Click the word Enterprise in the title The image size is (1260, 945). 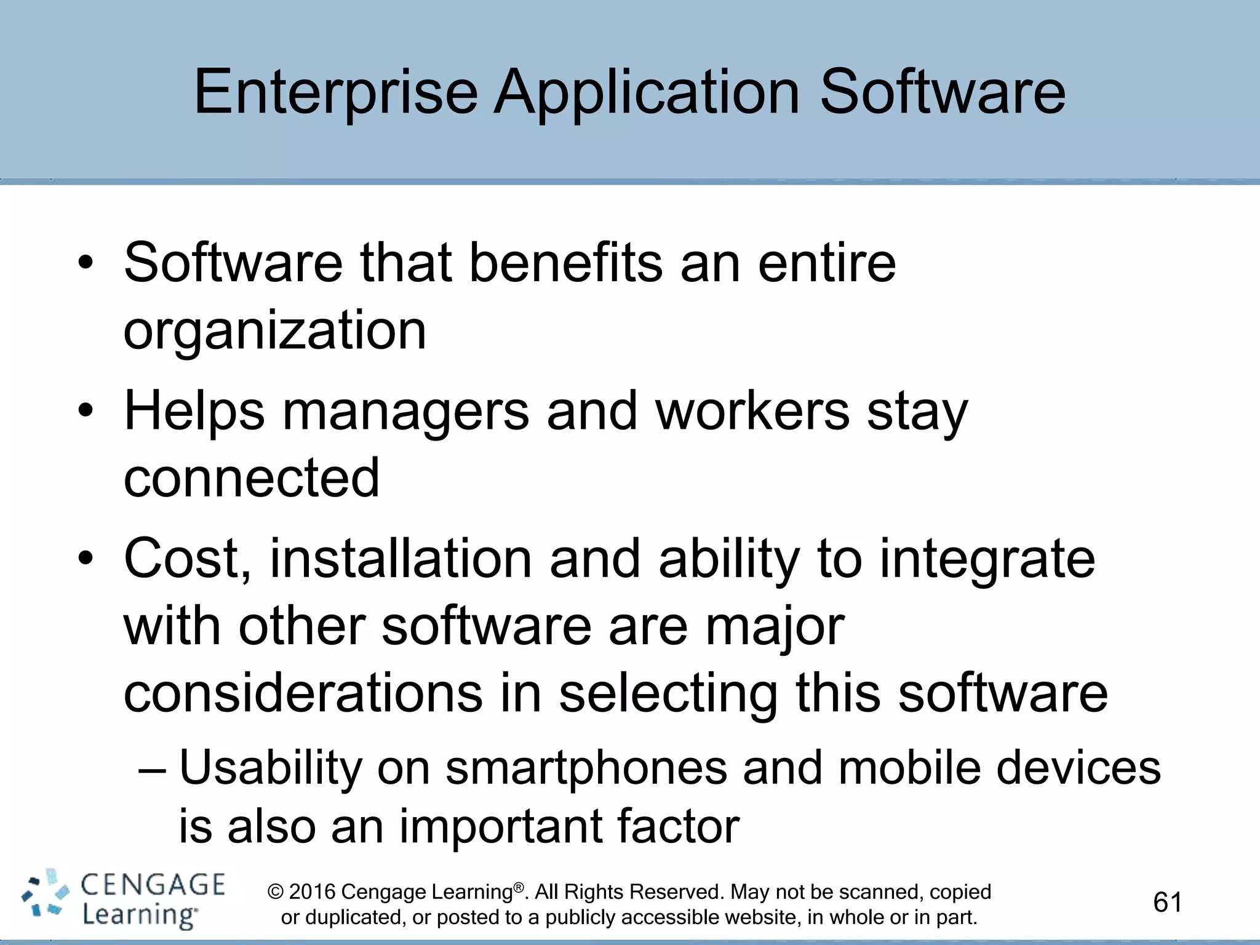(x=335, y=92)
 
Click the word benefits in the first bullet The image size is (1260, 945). (x=565, y=263)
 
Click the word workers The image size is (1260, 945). (x=752, y=411)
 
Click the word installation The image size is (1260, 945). (x=401, y=559)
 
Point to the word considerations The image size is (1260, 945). (x=303, y=693)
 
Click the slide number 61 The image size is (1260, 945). (x=1167, y=903)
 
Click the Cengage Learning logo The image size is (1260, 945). (x=123, y=899)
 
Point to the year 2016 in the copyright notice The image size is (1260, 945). (x=312, y=891)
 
